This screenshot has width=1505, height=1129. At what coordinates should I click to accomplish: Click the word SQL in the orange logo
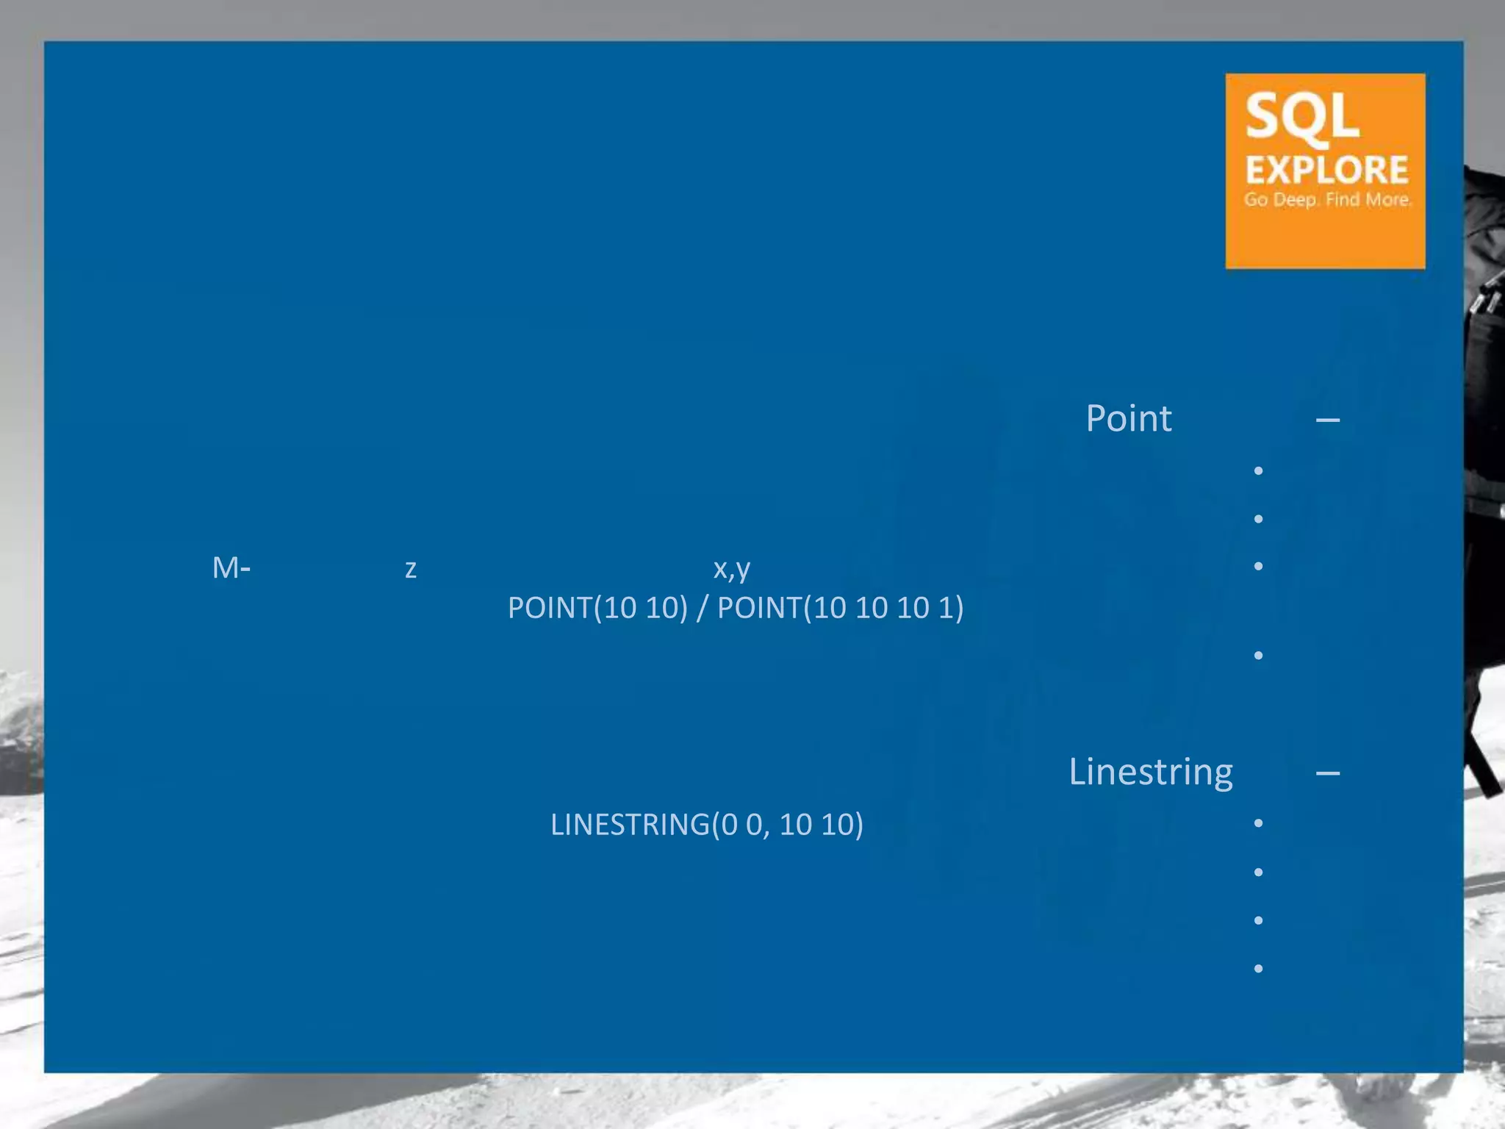coord(1302,117)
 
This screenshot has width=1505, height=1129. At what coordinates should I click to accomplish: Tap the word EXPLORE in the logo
coord(1326,170)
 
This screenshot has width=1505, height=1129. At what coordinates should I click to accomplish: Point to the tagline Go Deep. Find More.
coord(1327,199)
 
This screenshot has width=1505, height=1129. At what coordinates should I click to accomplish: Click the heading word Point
coord(1129,418)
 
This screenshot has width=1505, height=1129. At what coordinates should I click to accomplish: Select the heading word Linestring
coord(1151,772)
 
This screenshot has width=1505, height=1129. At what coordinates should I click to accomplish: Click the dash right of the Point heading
coord(1328,420)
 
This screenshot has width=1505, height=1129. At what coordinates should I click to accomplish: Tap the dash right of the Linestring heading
coord(1328,773)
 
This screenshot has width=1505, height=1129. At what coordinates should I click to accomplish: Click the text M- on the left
coord(231,567)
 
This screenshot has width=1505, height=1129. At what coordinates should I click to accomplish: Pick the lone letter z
coord(411,569)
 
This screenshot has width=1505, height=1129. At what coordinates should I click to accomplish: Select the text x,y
coord(732,568)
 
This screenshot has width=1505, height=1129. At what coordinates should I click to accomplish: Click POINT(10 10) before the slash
coord(597,608)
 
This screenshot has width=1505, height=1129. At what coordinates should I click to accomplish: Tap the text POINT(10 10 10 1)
coord(840,608)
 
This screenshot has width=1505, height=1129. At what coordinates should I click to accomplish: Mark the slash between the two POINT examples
coord(703,608)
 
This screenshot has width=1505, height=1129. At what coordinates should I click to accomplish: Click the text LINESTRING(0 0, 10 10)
coord(707,825)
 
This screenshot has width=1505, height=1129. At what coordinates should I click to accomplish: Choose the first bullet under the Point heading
coord(1258,470)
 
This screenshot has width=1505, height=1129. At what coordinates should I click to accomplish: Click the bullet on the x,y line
coord(1258,566)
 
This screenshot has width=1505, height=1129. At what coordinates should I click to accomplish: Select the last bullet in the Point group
coord(1258,655)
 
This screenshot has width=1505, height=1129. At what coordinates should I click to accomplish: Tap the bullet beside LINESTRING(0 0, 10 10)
coord(1258,823)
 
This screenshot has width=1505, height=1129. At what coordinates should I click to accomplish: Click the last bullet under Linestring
coord(1258,968)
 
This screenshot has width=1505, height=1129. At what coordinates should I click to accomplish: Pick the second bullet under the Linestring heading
coord(1258,872)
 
